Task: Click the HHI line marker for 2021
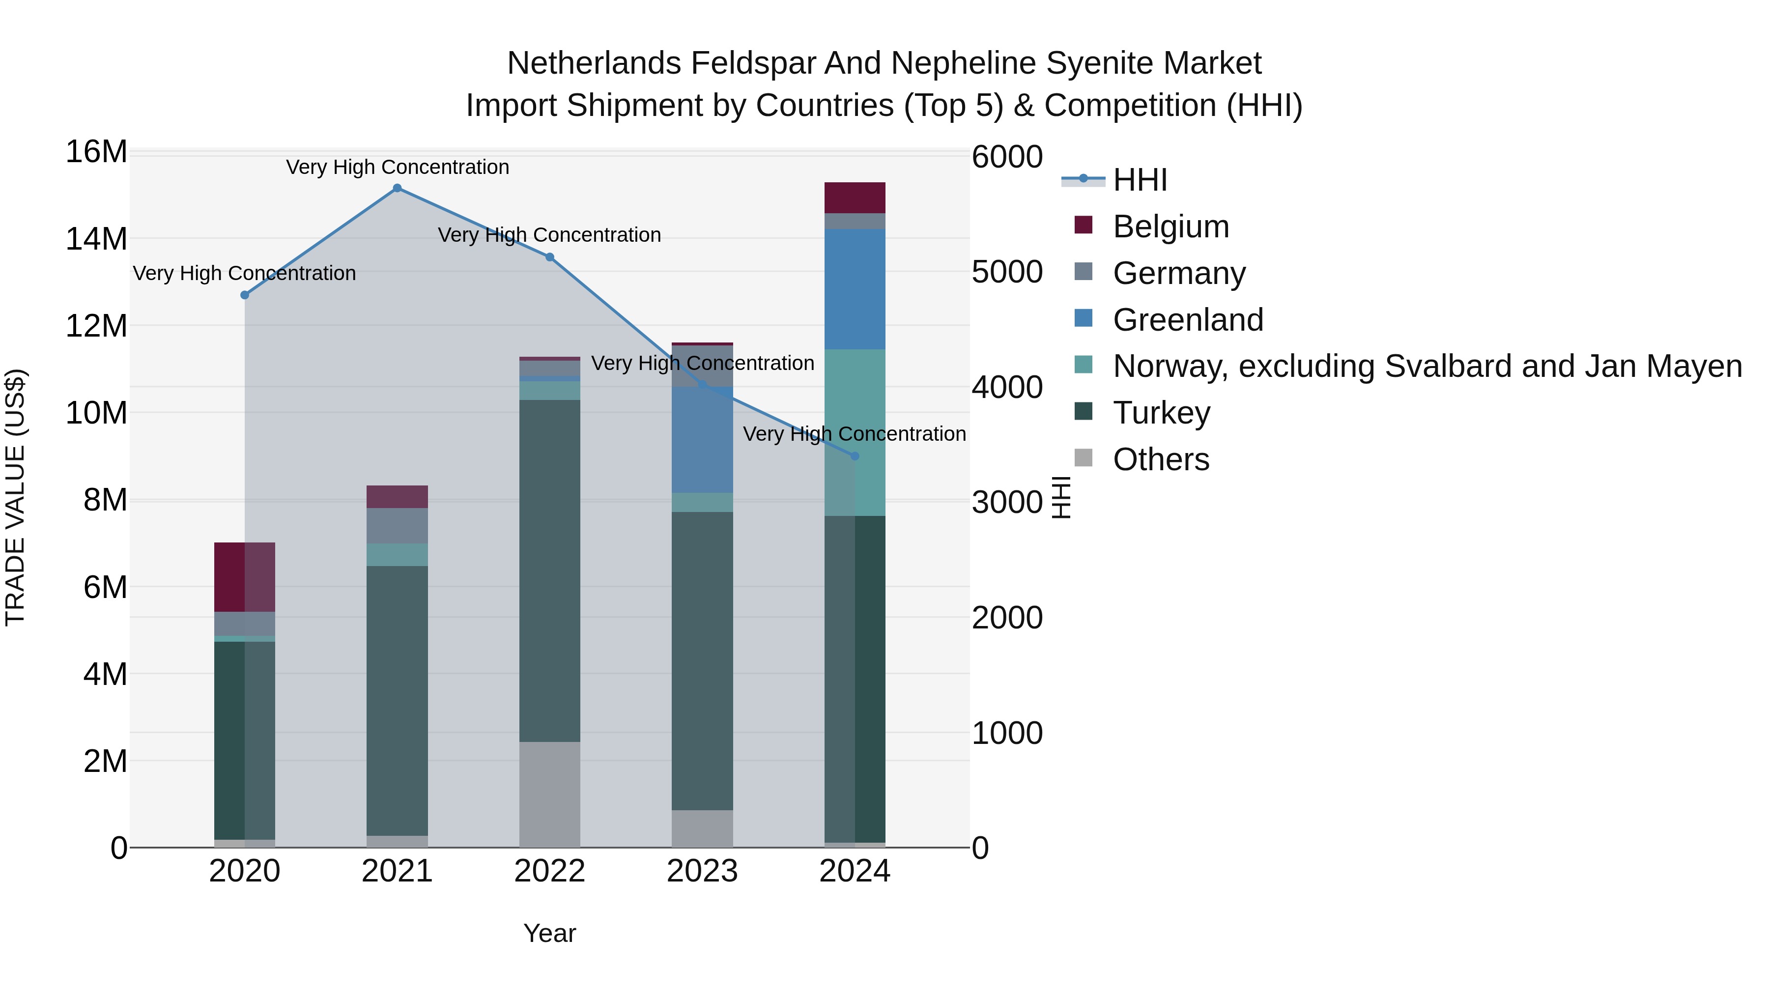[397, 188]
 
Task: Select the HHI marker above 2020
[245, 295]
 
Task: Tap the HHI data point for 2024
[855, 456]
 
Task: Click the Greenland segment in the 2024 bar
[855, 289]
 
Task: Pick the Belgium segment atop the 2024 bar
[855, 198]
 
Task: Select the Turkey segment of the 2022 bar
[549, 570]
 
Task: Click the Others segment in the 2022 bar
[549, 794]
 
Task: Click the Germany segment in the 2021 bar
[397, 526]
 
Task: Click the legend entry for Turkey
[1161, 413]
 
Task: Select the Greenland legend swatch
[1083, 318]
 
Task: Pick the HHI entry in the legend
[1140, 180]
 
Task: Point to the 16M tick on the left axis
[96, 152]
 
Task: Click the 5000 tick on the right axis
[1007, 272]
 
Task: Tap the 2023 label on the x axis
[702, 871]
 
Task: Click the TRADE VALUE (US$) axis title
[16, 497]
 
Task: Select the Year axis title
[549, 933]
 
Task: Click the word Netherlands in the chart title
[594, 64]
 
